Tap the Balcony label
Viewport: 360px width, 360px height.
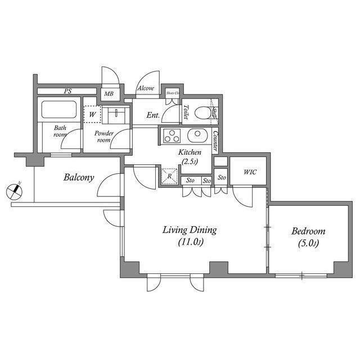78,177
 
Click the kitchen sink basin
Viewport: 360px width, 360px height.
197,136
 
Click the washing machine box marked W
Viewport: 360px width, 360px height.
92,115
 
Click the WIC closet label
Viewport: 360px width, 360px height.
250,172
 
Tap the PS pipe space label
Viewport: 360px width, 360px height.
67,91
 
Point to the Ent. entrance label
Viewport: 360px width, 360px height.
152,115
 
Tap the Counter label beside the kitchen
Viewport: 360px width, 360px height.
215,141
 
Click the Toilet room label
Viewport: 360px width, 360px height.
185,112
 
